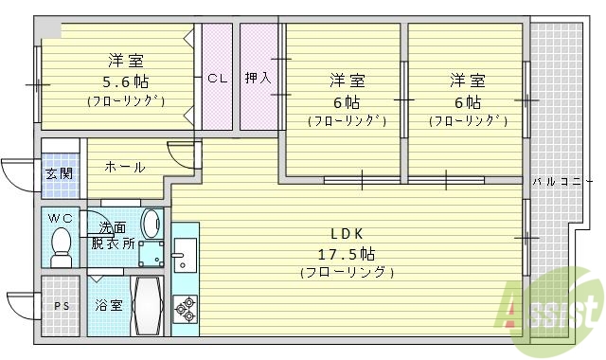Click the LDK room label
(348, 234)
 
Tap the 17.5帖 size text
(348, 253)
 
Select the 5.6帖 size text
(126, 81)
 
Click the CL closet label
(217, 79)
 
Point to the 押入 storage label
(257, 79)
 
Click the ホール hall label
(124, 168)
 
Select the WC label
(61, 219)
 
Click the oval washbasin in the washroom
(151, 224)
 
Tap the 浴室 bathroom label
(107, 305)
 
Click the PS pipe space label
(62, 305)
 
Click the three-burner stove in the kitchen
(185, 307)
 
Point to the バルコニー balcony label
(557, 181)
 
